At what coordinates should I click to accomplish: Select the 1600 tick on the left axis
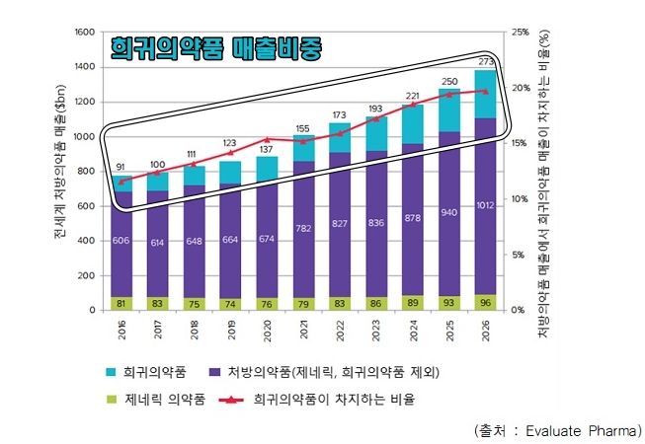88,33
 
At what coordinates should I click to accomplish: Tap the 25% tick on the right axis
522,33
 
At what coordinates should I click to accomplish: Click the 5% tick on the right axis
520,255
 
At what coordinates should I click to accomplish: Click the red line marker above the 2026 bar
484,91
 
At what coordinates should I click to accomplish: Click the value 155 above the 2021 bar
303,128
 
